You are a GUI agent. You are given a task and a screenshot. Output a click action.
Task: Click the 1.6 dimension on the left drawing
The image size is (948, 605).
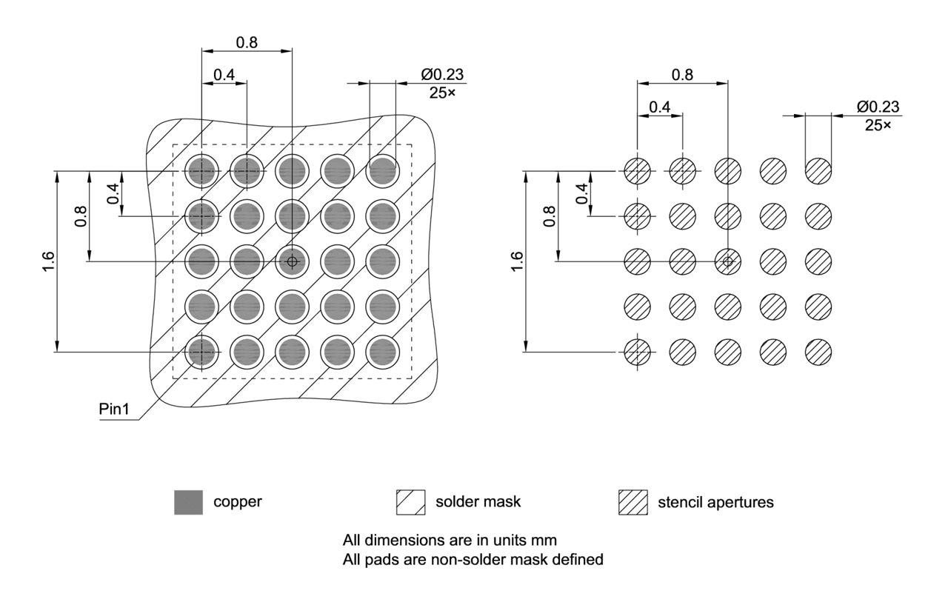(x=48, y=261)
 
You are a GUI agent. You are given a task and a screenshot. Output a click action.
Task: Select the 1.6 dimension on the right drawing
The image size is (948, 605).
(x=516, y=261)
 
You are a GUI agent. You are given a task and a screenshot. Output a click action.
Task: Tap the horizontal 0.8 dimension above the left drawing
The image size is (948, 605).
(x=247, y=42)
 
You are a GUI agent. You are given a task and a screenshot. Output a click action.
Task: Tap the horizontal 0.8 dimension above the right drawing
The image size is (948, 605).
(x=682, y=74)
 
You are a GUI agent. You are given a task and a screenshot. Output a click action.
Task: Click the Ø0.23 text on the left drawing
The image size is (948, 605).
(x=443, y=75)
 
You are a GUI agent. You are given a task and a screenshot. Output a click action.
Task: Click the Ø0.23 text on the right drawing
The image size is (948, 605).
(x=878, y=107)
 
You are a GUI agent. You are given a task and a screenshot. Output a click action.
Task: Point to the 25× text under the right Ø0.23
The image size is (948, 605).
(x=878, y=125)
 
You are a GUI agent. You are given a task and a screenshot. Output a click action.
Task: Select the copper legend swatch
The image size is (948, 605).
(x=188, y=502)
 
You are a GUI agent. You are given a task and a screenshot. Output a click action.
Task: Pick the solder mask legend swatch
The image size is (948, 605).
(x=411, y=502)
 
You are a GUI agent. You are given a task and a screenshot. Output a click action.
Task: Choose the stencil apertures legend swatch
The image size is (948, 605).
(x=632, y=502)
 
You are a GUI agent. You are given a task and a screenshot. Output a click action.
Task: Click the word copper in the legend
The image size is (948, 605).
(x=238, y=501)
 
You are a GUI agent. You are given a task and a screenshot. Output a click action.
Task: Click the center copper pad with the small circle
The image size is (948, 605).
(x=292, y=261)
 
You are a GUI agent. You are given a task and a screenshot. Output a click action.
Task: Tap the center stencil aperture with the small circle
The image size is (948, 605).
(x=727, y=261)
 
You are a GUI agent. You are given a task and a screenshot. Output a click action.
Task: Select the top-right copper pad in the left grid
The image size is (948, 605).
(x=382, y=171)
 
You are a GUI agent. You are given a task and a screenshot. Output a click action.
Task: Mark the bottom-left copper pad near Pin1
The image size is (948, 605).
(x=201, y=352)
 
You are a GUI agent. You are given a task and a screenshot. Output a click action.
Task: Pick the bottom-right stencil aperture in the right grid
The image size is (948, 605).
(x=818, y=352)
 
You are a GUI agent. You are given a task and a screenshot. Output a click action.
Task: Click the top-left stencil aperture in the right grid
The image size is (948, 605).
(x=637, y=171)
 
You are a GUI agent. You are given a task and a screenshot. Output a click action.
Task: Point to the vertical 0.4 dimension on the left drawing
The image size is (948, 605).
(x=113, y=193)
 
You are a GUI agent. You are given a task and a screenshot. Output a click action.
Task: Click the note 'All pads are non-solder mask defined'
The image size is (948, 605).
(x=473, y=560)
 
